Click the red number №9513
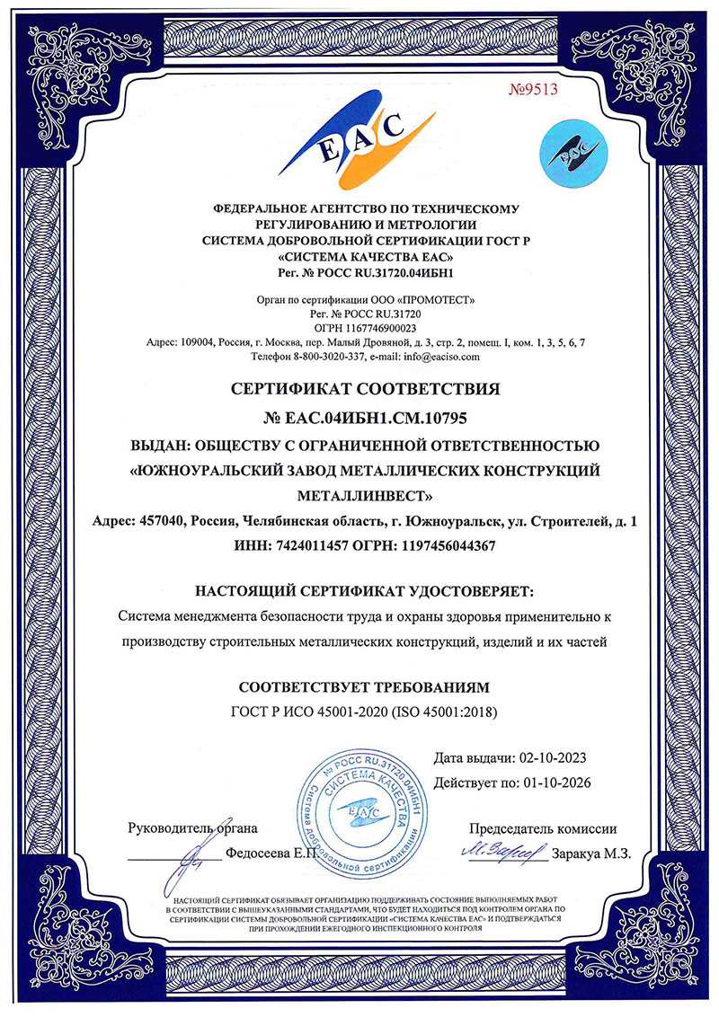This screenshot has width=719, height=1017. click(534, 88)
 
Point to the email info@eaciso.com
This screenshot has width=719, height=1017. click(444, 356)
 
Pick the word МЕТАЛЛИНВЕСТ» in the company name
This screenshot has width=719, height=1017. click(363, 495)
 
